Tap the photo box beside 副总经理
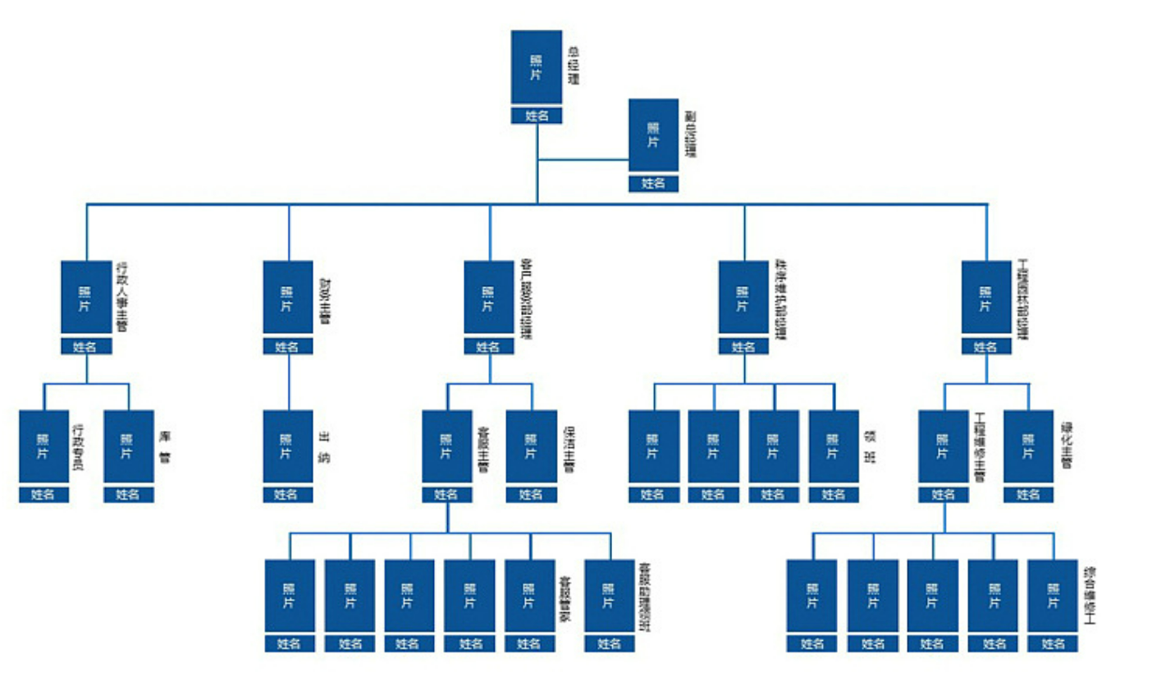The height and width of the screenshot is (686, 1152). (x=653, y=135)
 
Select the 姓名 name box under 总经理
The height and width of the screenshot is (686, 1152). (x=537, y=116)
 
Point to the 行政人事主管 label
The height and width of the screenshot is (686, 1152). (x=122, y=296)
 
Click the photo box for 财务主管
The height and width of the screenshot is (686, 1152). (x=287, y=297)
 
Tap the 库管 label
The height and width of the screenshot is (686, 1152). (x=165, y=446)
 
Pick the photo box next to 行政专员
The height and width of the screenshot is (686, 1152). (x=43, y=446)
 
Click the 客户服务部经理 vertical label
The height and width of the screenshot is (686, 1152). (x=526, y=300)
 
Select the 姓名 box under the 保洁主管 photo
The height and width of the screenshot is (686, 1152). (x=531, y=495)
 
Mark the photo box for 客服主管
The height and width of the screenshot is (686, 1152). (x=446, y=446)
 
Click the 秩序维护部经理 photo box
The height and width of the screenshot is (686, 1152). (x=743, y=297)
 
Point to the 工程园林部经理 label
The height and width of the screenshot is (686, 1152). (x=1022, y=300)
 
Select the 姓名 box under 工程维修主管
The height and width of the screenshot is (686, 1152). (x=943, y=495)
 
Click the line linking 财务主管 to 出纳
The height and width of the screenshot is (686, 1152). (x=289, y=382)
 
